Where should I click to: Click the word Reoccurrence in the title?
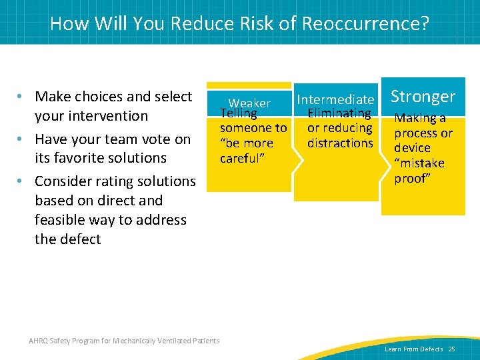click(365, 23)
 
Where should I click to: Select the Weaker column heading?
click(249, 103)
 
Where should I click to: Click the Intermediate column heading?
click(335, 99)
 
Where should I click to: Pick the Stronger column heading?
click(423, 97)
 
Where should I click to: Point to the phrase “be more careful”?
click(247, 151)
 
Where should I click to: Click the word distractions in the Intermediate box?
click(340, 143)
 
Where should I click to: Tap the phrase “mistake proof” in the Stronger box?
click(419, 171)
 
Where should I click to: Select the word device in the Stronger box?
click(412, 148)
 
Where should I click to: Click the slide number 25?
click(451, 349)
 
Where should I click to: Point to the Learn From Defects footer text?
click(414, 349)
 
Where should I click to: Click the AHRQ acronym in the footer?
click(39, 341)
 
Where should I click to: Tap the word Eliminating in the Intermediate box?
click(339, 113)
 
